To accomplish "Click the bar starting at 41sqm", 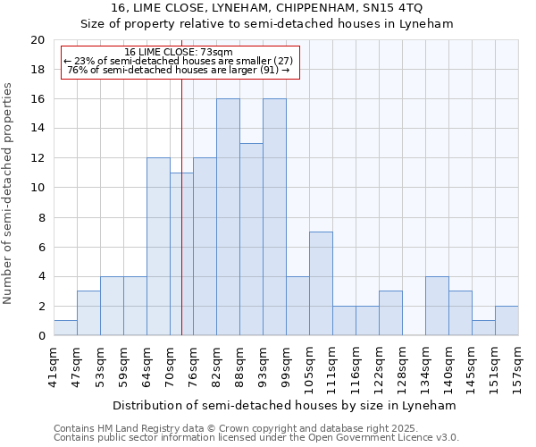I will (x=65, y=327).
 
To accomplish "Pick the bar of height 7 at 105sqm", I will (x=321, y=283).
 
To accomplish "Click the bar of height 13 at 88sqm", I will (x=251, y=240).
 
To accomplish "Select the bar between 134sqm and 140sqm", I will (x=437, y=306).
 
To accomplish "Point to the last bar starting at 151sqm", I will (x=507, y=320).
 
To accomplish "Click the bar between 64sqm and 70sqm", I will (x=158, y=247).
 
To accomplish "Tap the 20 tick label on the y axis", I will (x=37, y=40).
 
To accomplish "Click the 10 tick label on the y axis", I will (x=37, y=188).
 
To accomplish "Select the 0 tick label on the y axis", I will (x=40, y=336).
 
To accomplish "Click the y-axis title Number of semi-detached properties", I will (x=9, y=193).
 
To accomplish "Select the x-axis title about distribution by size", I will (x=286, y=405).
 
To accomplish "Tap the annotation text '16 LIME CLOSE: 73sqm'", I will (x=179, y=53).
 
